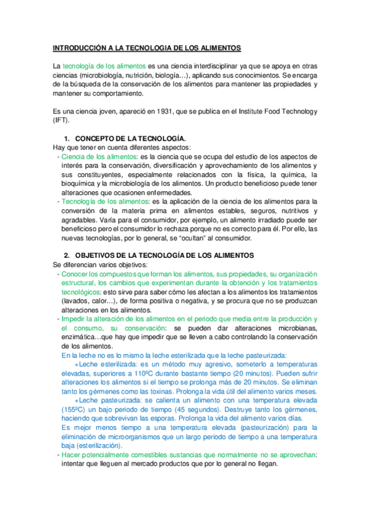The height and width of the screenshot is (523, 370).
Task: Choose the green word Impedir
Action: [74, 319]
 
